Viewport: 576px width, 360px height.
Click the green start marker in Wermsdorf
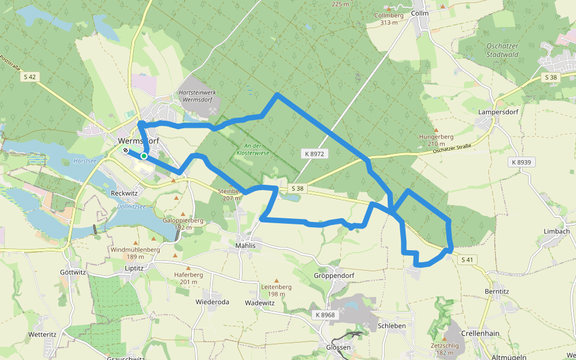click(x=144, y=156)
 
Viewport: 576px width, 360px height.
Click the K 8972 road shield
click(x=314, y=154)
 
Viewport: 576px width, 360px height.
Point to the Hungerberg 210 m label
click(x=436, y=140)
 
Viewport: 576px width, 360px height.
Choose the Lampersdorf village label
click(x=497, y=112)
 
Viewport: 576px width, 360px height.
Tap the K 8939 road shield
click(x=521, y=162)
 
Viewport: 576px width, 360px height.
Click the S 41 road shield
click(x=468, y=260)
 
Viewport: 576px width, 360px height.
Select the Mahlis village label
click(x=245, y=245)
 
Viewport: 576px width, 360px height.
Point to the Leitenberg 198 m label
click(x=276, y=290)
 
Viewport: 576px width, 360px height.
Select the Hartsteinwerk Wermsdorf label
click(x=198, y=96)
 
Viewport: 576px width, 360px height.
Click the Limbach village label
click(x=556, y=232)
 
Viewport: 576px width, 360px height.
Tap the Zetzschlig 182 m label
click(x=445, y=349)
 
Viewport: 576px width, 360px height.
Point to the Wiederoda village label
click(x=212, y=302)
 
